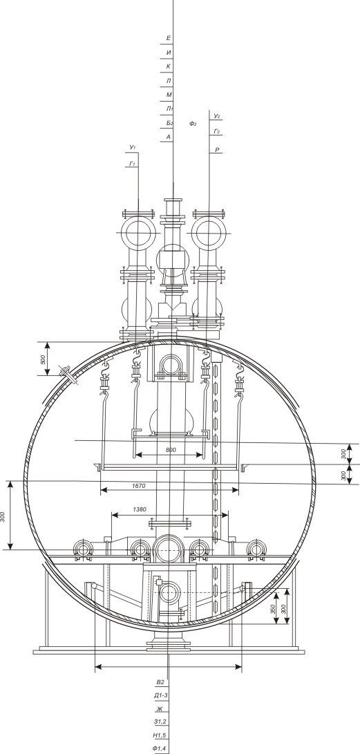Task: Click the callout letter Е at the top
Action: click(x=169, y=38)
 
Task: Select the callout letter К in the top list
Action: click(x=169, y=66)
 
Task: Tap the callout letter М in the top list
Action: click(x=169, y=95)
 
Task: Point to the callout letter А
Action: click(x=169, y=137)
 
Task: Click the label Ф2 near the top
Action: click(x=193, y=124)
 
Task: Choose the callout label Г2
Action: click(x=217, y=131)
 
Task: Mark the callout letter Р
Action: click(x=217, y=151)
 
